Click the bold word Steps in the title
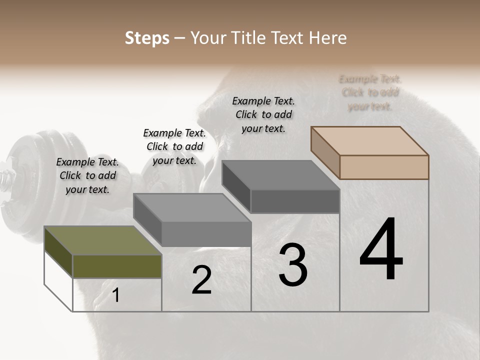(147, 38)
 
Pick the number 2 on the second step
(201, 279)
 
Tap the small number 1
(116, 295)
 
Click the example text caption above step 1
(87, 175)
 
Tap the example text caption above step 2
(174, 146)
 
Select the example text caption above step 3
(263, 114)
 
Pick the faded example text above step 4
(370, 92)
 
